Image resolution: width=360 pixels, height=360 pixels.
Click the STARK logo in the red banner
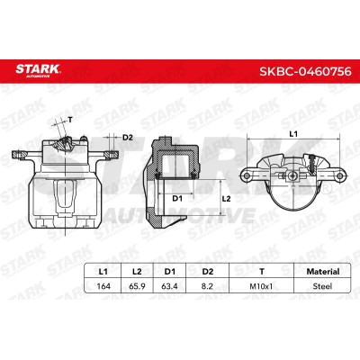(x=38, y=71)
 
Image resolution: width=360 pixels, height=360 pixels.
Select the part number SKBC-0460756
(x=305, y=71)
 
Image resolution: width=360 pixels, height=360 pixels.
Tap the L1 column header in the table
(x=103, y=272)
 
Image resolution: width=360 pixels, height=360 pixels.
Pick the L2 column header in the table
(x=137, y=272)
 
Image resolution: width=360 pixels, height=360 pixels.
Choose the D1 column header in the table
(x=169, y=272)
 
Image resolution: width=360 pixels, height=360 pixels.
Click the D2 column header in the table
(x=208, y=272)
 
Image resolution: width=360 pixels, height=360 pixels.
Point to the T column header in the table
(x=262, y=272)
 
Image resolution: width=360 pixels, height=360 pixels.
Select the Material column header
(x=323, y=272)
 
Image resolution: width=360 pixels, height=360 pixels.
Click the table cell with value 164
(x=103, y=286)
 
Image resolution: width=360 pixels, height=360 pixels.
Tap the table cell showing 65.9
(x=137, y=286)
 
